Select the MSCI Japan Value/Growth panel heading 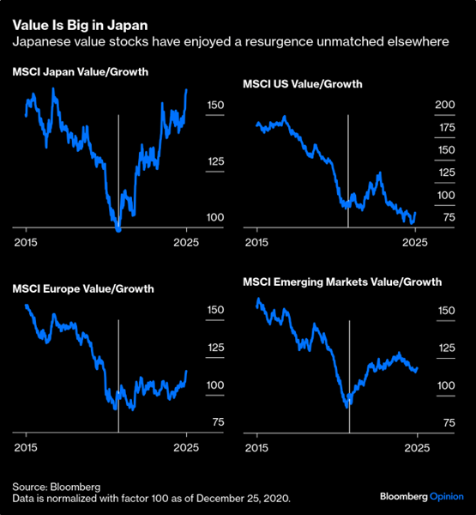click(x=81, y=72)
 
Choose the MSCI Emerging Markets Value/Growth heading click(x=341, y=281)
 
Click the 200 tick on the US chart click(x=421, y=105)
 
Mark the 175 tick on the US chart click(x=421, y=128)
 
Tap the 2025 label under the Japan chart click(x=186, y=242)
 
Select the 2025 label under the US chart click(x=416, y=242)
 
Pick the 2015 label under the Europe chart click(x=26, y=448)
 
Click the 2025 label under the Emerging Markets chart click(x=416, y=448)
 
